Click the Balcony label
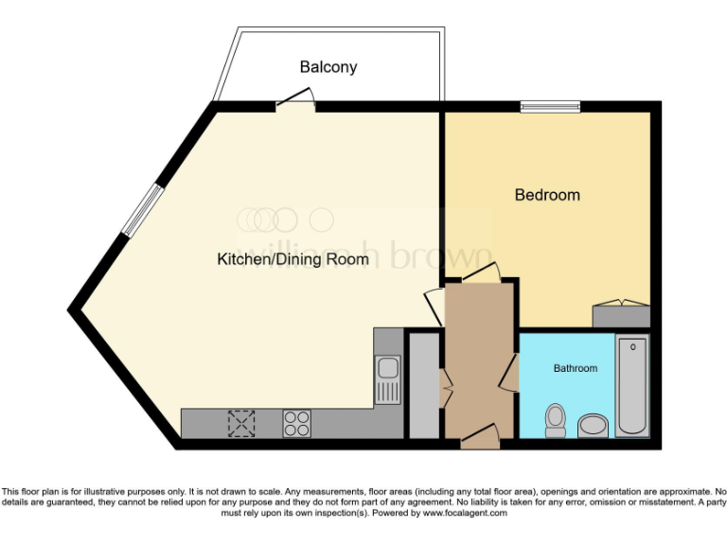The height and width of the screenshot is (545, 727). click(328, 67)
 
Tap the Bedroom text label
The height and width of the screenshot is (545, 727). click(547, 195)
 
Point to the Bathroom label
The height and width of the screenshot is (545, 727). click(576, 368)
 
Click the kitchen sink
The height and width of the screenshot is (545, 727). click(387, 378)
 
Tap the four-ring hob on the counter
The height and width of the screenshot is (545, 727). click(296, 423)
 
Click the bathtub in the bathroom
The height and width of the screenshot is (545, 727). click(631, 386)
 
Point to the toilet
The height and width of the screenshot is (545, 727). click(556, 420)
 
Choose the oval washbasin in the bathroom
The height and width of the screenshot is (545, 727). click(594, 427)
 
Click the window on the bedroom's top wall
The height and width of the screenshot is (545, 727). click(550, 106)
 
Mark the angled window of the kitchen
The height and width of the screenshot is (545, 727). click(145, 207)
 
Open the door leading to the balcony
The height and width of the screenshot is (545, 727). click(295, 99)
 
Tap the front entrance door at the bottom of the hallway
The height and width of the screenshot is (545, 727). click(481, 434)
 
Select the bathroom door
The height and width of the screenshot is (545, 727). click(511, 374)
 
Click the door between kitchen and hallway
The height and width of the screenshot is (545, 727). click(434, 303)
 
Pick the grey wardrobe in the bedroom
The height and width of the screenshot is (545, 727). click(621, 315)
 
